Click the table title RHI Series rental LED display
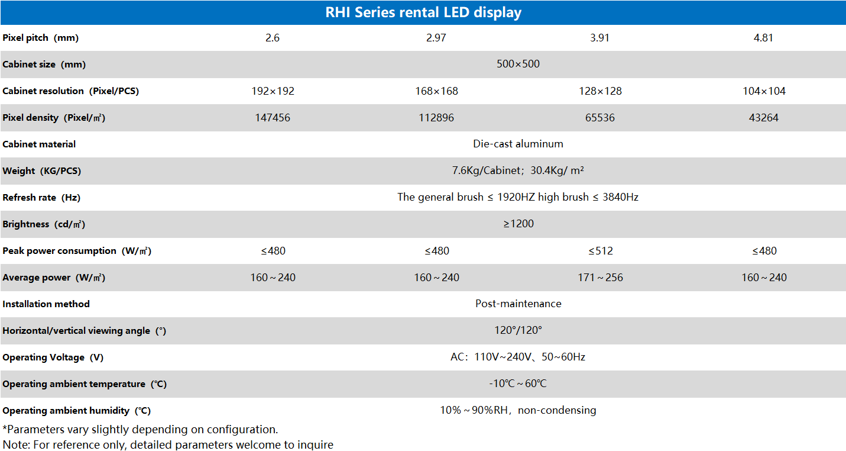[x=423, y=12]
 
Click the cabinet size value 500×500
[x=518, y=64]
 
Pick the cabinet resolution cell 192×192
[x=273, y=91]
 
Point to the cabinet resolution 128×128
[x=600, y=91]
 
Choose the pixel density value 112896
[x=436, y=118]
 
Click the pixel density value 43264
[x=764, y=118]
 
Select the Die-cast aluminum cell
[x=518, y=144]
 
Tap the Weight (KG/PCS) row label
[x=42, y=171]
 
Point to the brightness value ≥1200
[x=518, y=224]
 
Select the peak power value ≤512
[x=600, y=251]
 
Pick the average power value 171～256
[x=600, y=278]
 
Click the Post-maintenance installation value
[x=518, y=304]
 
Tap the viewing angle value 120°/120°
[x=518, y=330]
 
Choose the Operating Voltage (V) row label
[x=53, y=357]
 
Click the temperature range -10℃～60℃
[x=518, y=384]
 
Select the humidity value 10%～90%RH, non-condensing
[x=518, y=410]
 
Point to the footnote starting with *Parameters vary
[x=140, y=430]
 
